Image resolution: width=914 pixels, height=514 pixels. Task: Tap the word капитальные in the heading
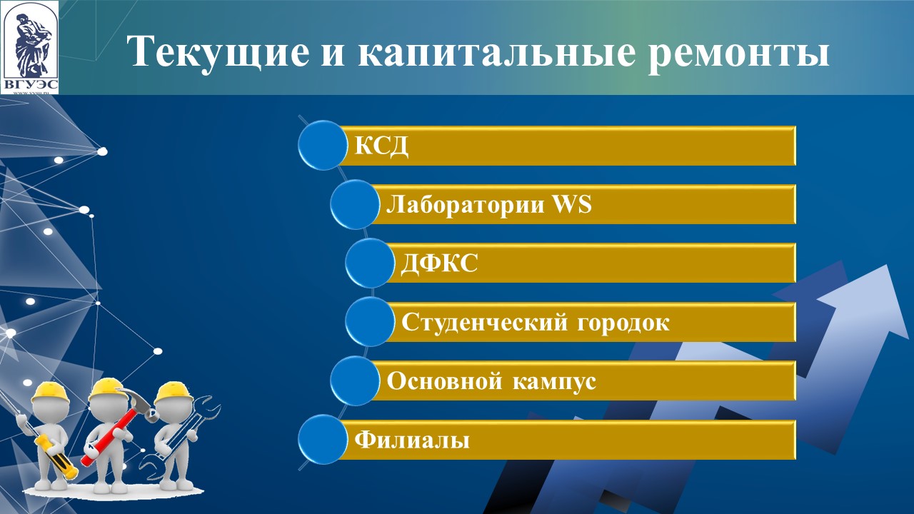(x=496, y=53)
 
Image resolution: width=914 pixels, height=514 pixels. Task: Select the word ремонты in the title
(x=739, y=56)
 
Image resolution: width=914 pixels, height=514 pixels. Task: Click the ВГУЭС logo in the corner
(x=30, y=48)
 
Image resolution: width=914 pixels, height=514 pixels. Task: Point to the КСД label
(x=381, y=145)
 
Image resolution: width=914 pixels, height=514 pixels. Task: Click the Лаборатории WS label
(x=489, y=204)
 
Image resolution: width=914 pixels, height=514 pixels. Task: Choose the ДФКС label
(x=438, y=263)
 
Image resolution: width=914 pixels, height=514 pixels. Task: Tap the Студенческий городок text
(x=536, y=322)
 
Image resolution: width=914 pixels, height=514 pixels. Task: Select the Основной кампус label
(x=491, y=381)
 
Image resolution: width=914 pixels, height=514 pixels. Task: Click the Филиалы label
(x=412, y=440)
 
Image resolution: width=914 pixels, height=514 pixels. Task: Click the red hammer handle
(x=110, y=435)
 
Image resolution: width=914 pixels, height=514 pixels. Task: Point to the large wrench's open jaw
(x=207, y=408)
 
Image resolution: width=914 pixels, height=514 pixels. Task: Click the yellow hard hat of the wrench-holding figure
(x=173, y=392)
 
